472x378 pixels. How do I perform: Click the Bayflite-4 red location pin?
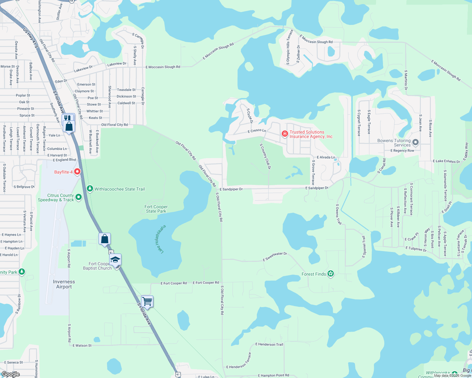(77, 172)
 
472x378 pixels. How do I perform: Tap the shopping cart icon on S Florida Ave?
(147, 301)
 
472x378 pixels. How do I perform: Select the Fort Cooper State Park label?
(156, 209)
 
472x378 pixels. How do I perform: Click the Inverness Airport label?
(64, 284)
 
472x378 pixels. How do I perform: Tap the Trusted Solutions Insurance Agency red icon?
(285, 134)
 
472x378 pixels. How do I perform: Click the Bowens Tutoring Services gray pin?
(416, 142)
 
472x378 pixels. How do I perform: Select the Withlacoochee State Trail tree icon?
(90, 188)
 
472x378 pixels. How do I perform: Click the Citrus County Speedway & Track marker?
(79, 197)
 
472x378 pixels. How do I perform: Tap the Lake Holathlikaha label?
(161, 239)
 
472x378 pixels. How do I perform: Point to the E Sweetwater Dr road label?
(275, 256)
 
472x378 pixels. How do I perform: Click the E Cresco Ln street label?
(257, 130)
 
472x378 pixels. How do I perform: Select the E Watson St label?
(82, 346)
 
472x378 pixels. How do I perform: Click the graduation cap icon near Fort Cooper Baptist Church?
(115, 260)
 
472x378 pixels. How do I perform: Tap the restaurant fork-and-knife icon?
(68, 118)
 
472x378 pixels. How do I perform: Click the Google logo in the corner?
(11, 374)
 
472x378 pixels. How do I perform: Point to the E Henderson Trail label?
(269, 344)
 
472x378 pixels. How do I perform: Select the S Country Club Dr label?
(265, 157)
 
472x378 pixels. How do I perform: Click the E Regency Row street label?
(402, 151)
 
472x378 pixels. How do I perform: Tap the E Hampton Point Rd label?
(274, 375)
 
